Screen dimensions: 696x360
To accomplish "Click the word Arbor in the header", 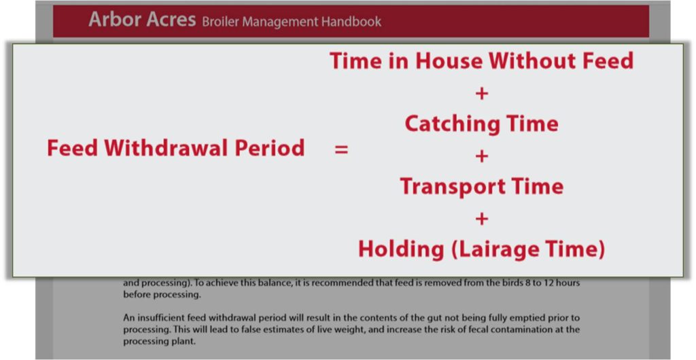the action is click(x=116, y=20).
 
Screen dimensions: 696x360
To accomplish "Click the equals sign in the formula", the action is click(x=341, y=150).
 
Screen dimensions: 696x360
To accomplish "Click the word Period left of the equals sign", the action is click(x=269, y=147).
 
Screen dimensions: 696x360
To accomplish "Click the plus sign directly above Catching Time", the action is click(x=482, y=94).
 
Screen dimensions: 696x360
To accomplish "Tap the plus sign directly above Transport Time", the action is click(x=482, y=156).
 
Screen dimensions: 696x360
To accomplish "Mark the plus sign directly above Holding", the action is click(x=482, y=219).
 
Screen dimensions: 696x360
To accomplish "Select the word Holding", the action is click(x=401, y=249).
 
